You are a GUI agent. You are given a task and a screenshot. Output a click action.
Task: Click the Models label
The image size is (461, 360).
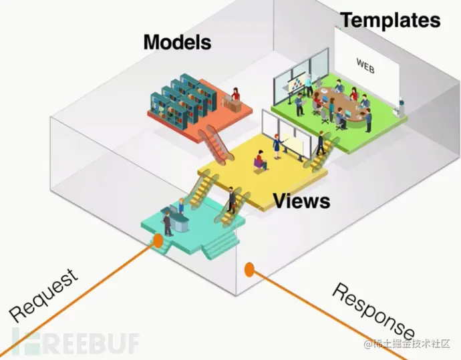coord(177,42)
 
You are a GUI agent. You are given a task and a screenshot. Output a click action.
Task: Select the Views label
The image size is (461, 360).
coord(301,201)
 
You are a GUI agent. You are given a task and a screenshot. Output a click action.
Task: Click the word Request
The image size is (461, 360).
coord(43,295)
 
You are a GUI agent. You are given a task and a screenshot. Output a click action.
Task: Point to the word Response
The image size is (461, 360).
coord(373,311)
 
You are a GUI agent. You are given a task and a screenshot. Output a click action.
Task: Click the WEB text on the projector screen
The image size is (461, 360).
coord(365,66)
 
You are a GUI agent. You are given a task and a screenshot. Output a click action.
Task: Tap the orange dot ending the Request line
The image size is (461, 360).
coord(158,240)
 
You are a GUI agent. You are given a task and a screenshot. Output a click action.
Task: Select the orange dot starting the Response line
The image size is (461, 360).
coord(249,269)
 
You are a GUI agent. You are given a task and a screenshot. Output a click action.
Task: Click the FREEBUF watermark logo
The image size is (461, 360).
coord(76,343)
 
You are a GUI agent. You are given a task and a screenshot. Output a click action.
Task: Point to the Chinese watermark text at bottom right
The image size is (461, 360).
coord(407,343)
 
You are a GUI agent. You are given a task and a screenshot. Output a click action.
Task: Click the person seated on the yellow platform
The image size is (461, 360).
coord(261,160)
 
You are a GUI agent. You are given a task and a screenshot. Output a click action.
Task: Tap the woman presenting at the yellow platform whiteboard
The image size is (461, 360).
coord(277,146)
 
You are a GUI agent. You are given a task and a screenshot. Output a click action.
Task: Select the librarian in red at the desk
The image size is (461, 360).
coord(235,94)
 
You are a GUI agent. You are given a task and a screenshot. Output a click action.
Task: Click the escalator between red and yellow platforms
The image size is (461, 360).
coord(216,144)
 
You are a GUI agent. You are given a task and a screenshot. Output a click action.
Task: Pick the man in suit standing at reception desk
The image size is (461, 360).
coord(168,224)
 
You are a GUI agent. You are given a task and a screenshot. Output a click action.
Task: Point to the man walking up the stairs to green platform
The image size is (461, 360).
coord(321,143)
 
